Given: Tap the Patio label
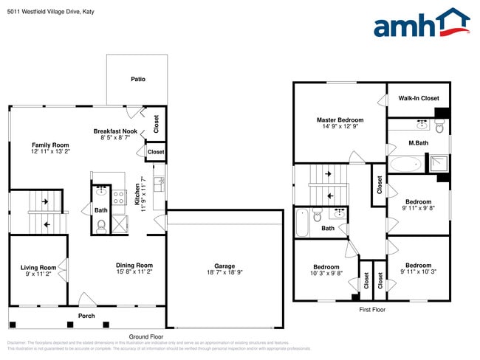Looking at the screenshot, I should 138,79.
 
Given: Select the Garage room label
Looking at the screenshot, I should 224,266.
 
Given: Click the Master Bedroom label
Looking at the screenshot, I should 340,120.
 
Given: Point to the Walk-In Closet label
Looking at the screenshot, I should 419,98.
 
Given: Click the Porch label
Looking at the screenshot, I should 86,316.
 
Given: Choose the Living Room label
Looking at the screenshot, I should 38,267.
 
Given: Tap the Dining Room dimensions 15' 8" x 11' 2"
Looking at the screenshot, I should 134,272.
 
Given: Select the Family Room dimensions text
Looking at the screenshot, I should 50,151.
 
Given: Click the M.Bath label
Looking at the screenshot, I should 419,142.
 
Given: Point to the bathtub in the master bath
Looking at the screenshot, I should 405,164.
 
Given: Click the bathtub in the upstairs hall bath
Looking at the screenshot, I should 301,221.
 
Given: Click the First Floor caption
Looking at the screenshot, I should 372,310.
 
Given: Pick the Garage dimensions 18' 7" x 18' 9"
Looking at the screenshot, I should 224,273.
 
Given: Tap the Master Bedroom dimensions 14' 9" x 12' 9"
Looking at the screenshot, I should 340,126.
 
